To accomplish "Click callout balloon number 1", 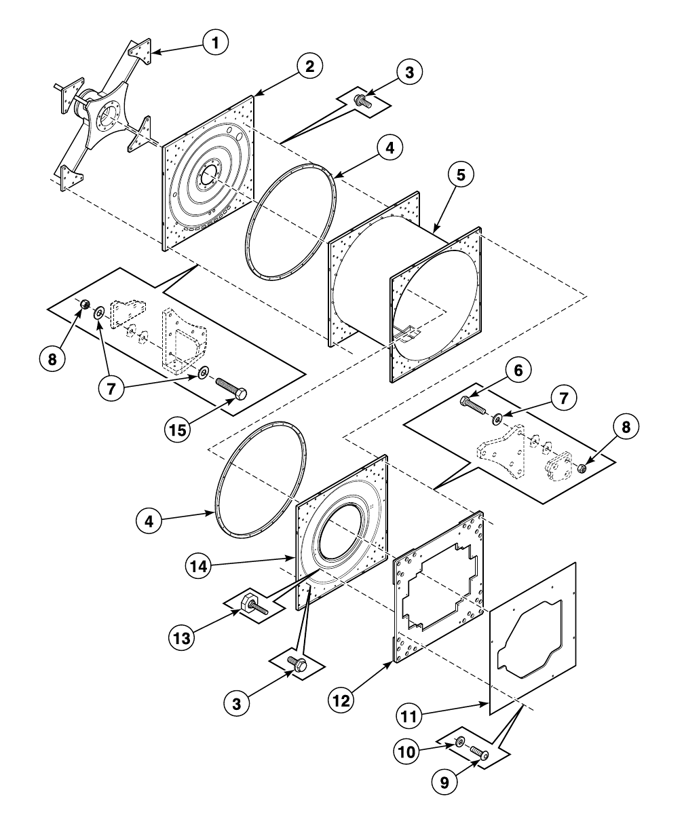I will click(x=215, y=43).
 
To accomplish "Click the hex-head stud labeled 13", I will click(x=254, y=605).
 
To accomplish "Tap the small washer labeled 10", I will click(x=460, y=742).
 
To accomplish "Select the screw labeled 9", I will click(x=479, y=753).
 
